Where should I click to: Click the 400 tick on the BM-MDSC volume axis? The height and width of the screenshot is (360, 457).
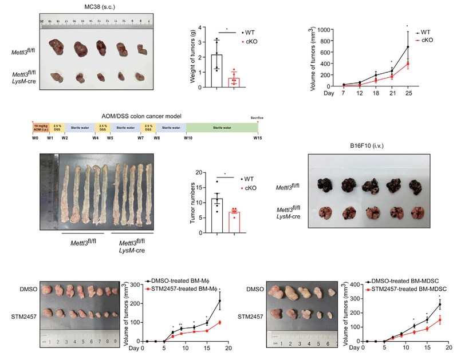point(345,283)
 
